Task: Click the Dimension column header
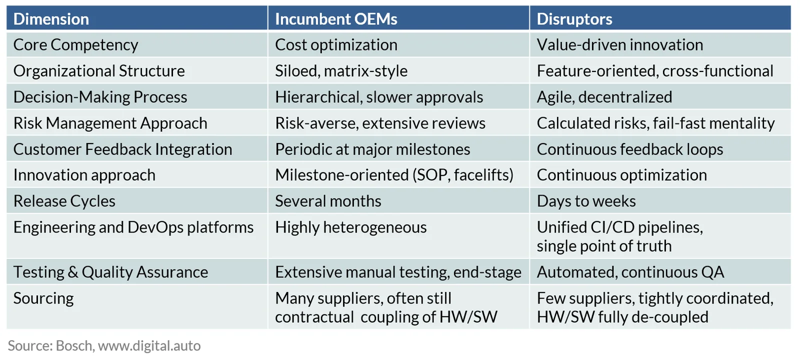(x=51, y=19)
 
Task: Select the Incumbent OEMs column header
(x=336, y=19)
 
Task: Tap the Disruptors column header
(x=574, y=19)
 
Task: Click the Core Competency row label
(x=75, y=45)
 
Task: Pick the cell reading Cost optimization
(x=336, y=45)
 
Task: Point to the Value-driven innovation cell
(x=619, y=45)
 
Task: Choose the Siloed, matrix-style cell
(x=341, y=71)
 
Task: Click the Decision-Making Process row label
(x=100, y=97)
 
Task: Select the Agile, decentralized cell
(x=604, y=97)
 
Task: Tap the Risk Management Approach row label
(x=110, y=123)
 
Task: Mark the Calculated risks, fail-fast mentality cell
(x=655, y=123)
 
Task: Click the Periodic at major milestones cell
(x=372, y=149)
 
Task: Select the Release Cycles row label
(x=64, y=201)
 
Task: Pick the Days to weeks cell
(x=586, y=201)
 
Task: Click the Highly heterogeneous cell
(x=350, y=227)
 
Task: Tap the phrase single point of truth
(x=604, y=246)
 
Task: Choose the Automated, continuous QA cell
(x=630, y=272)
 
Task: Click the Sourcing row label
(x=43, y=298)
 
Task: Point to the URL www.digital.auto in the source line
(x=149, y=345)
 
